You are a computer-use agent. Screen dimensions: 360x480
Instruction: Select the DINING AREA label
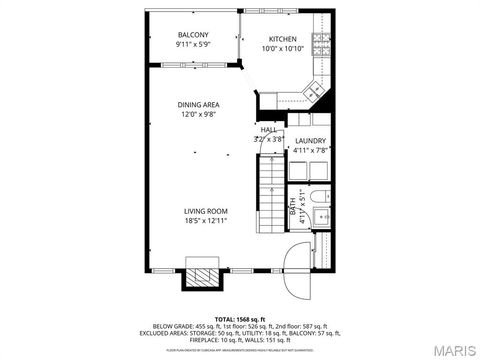pos(199,105)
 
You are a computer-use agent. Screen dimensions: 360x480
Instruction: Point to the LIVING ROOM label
pos(206,211)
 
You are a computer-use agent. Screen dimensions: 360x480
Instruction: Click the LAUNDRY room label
pos(309,141)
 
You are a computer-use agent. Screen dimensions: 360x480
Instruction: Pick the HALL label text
pos(269,130)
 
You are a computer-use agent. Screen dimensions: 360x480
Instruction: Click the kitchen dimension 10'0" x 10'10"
pos(282,48)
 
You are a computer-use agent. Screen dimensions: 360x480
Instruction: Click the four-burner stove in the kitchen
pos(323,43)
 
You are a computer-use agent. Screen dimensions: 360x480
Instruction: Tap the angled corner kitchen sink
pos(314,92)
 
